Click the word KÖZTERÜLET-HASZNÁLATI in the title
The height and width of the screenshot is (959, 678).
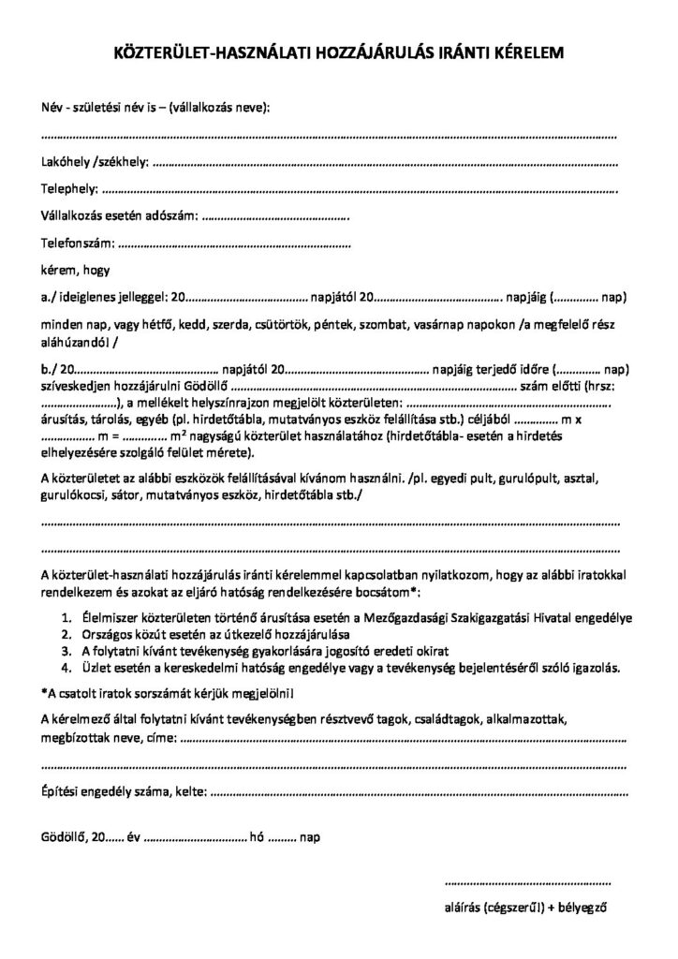point(197,54)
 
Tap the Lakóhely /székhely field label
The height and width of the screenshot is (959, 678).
point(95,162)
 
